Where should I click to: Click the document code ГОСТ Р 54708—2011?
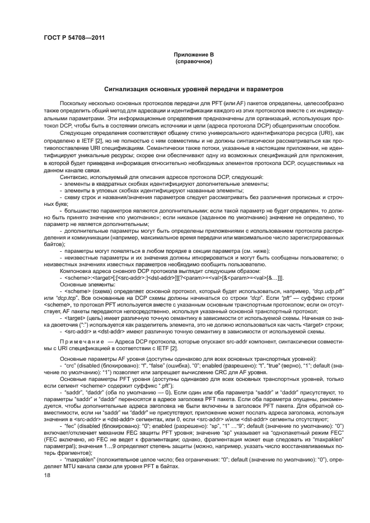tap(73, 37)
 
